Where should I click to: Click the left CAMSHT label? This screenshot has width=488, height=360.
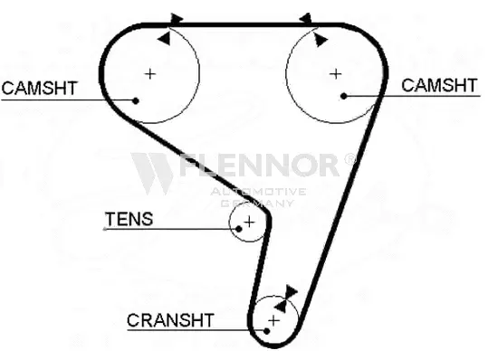click(x=39, y=88)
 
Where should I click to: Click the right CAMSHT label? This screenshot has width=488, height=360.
click(x=439, y=85)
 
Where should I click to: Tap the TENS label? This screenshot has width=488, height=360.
click(x=129, y=218)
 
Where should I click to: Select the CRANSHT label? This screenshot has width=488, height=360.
click(x=170, y=319)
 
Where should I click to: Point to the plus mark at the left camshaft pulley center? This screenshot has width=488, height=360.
click(x=150, y=72)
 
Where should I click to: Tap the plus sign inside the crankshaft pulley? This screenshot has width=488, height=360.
click(x=273, y=319)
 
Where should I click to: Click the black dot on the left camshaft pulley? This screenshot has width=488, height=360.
click(x=135, y=99)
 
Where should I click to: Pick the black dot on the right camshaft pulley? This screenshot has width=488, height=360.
click(x=343, y=94)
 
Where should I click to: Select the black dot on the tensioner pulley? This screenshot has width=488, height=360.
click(x=238, y=228)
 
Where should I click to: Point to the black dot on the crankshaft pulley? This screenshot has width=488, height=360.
click(x=268, y=331)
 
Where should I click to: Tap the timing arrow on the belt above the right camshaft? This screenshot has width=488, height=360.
click(x=305, y=18)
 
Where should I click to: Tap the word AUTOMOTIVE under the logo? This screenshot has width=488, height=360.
click(x=258, y=191)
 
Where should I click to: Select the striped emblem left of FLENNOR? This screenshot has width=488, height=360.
click(x=153, y=171)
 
